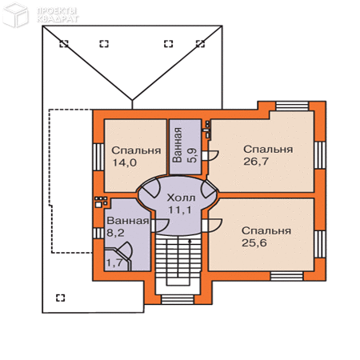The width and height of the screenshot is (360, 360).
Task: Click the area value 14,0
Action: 125,162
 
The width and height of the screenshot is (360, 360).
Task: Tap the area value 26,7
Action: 255,162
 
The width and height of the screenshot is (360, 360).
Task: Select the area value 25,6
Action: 254,243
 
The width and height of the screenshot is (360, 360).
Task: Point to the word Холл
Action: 181,198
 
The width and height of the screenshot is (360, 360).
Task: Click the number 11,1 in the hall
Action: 180,210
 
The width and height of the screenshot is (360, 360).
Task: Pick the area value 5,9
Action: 193,155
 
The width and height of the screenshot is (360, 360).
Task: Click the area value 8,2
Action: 115,233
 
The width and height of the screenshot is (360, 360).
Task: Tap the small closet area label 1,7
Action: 114,262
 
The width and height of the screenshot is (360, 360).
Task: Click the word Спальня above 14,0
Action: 136,150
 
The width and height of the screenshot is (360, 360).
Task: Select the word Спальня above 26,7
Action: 268,150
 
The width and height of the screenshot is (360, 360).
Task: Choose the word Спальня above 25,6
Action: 266,231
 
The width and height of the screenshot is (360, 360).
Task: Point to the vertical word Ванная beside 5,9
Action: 178,145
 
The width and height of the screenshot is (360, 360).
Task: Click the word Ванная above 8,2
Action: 128,221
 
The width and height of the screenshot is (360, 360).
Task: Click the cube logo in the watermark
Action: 15,15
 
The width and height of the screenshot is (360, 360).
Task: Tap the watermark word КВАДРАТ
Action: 58,19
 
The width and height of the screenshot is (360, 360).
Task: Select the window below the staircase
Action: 178,299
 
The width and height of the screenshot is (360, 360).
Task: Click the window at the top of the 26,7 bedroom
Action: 292,106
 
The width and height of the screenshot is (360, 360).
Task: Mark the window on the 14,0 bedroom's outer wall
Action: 98,157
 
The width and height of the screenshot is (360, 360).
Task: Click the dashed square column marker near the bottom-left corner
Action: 61,298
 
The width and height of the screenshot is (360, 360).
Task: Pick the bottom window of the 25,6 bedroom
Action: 286,276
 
